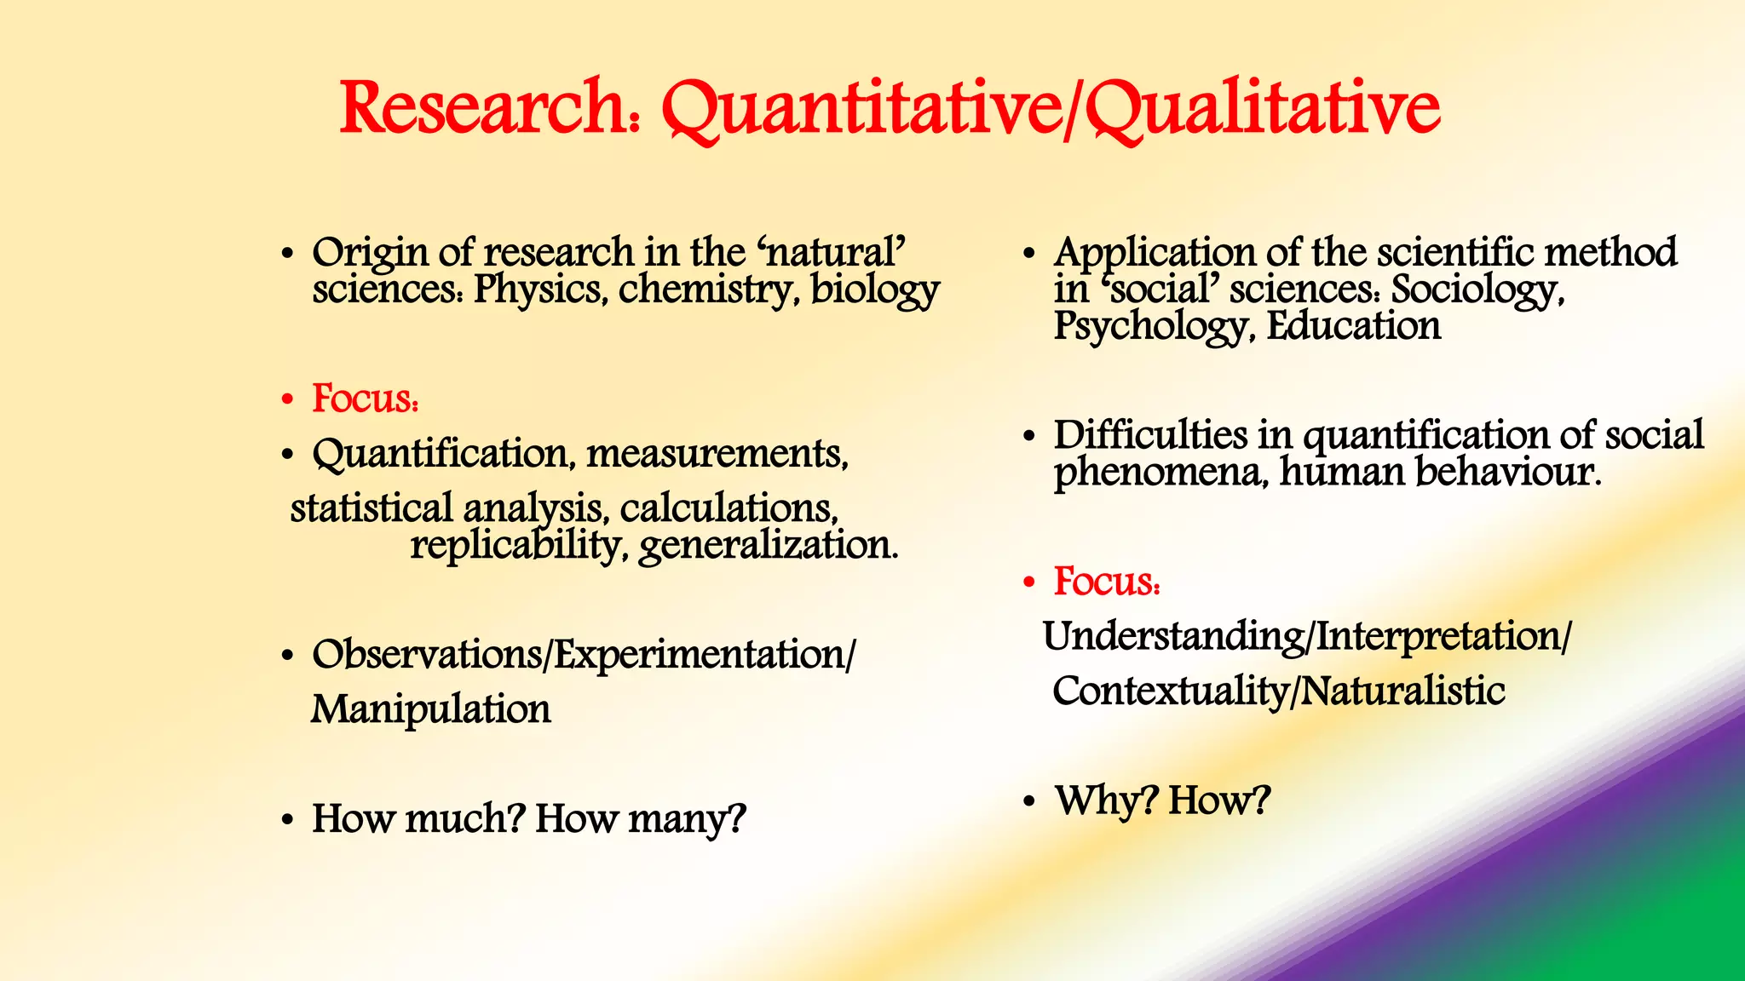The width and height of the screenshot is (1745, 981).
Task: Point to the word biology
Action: (x=874, y=290)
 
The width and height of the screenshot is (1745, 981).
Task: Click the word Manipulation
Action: (x=431, y=709)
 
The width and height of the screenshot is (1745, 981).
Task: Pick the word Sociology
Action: (x=1477, y=290)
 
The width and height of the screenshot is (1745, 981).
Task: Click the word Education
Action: (x=1354, y=326)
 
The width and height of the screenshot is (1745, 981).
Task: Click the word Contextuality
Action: (x=1171, y=691)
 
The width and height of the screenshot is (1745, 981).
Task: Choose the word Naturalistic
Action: (x=1403, y=691)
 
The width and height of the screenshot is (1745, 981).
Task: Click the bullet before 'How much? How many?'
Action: (x=288, y=820)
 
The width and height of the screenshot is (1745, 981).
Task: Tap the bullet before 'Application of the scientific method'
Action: (x=1030, y=254)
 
